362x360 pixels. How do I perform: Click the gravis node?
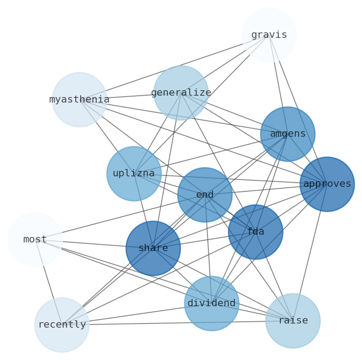(x=269, y=35)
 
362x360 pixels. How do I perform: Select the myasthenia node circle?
(x=79, y=99)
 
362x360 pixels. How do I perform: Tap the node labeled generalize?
(x=181, y=93)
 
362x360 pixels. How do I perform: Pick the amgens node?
(x=288, y=134)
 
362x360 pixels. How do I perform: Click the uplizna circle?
(x=134, y=174)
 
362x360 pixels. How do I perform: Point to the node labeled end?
(x=205, y=195)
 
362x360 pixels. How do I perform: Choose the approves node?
(x=327, y=184)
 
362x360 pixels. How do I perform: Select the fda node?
(x=255, y=232)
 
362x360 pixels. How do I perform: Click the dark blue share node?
(x=153, y=248)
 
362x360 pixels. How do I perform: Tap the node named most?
(x=35, y=239)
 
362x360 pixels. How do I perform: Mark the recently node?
(x=62, y=325)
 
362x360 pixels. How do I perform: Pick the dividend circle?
(x=212, y=303)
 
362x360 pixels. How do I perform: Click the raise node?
(x=293, y=320)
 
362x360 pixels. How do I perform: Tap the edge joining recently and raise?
(x=178, y=323)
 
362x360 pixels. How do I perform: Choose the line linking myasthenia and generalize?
(x=130, y=96)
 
